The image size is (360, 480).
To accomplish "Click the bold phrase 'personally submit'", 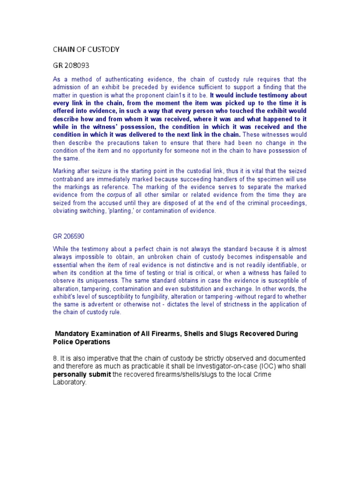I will (81, 374).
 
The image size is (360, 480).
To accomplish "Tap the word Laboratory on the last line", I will (69, 382).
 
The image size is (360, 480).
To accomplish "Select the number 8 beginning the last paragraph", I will (55, 358).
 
